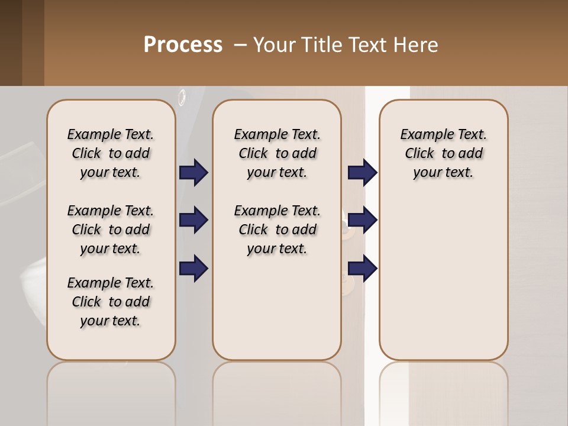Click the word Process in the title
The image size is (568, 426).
183,45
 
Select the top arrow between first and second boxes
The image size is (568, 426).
193,173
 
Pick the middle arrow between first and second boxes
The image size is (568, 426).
193,221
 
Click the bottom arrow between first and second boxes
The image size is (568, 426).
193,268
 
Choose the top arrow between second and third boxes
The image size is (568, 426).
362,173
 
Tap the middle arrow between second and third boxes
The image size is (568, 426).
362,221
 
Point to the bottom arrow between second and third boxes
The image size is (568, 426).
362,268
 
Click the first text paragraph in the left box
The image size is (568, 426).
111,153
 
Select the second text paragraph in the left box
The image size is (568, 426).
111,230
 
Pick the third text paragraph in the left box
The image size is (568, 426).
111,302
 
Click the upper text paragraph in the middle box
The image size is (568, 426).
277,153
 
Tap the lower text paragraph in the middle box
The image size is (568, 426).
277,230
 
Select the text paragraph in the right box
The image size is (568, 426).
444,153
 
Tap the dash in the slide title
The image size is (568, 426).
240,45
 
